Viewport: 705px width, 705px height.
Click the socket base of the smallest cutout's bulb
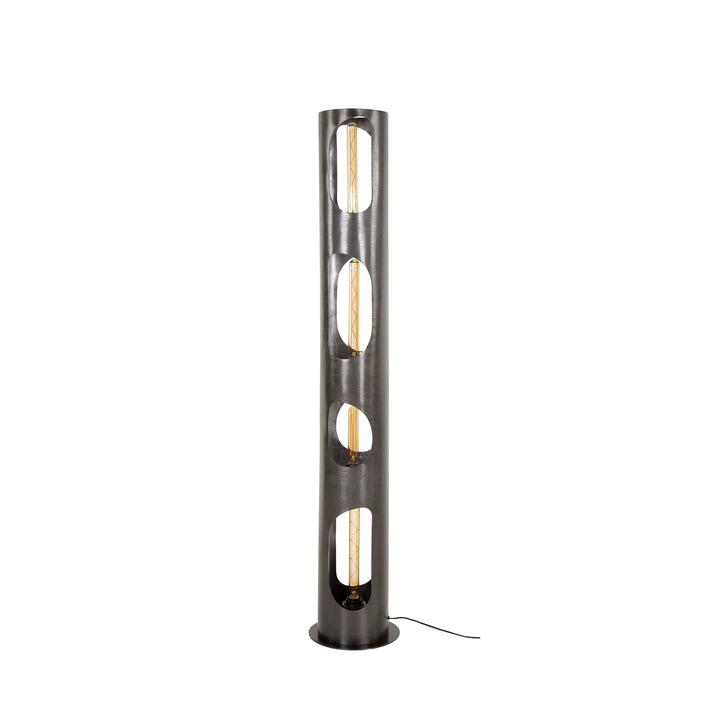click(352, 461)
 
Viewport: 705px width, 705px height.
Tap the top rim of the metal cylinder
click(352, 115)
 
